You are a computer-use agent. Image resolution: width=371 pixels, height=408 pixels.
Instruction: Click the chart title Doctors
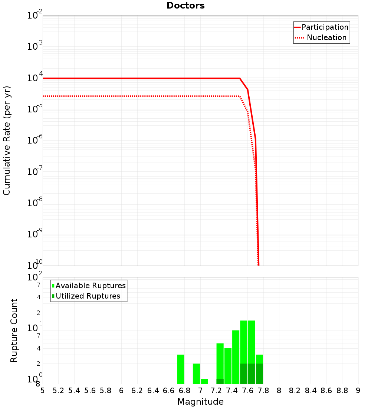coord(185,6)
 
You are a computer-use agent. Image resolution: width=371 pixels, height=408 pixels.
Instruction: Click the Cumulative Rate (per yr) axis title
coord(7,140)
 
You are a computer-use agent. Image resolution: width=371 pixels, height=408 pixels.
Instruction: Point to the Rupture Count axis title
coord(14,330)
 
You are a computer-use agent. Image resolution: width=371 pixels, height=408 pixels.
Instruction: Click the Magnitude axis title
coord(200,402)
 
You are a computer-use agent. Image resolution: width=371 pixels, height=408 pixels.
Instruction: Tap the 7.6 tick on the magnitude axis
coord(248,391)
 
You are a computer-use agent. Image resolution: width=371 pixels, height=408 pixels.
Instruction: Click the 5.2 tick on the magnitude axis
coord(59,391)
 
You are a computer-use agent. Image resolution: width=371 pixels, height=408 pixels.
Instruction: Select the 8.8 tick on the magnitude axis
coord(342,391)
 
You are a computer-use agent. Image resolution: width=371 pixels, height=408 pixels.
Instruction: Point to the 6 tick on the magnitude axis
coord(121,391)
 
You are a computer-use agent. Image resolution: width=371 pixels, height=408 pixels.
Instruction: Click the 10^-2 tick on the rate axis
coord(35,16)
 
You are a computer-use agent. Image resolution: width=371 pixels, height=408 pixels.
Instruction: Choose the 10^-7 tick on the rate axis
coord(35,172)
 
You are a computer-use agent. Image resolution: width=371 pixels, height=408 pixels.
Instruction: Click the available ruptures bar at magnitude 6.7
coord(181,369)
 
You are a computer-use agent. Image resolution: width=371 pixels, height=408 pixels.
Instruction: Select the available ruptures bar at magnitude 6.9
coord(196,374)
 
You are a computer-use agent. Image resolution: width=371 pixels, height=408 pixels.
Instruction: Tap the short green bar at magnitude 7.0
coord(204,381)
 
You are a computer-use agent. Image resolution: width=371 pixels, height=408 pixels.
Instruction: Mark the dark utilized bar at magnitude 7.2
coord(220,381)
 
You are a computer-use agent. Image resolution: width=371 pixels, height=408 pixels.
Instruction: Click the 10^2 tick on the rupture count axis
coord(35,277)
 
